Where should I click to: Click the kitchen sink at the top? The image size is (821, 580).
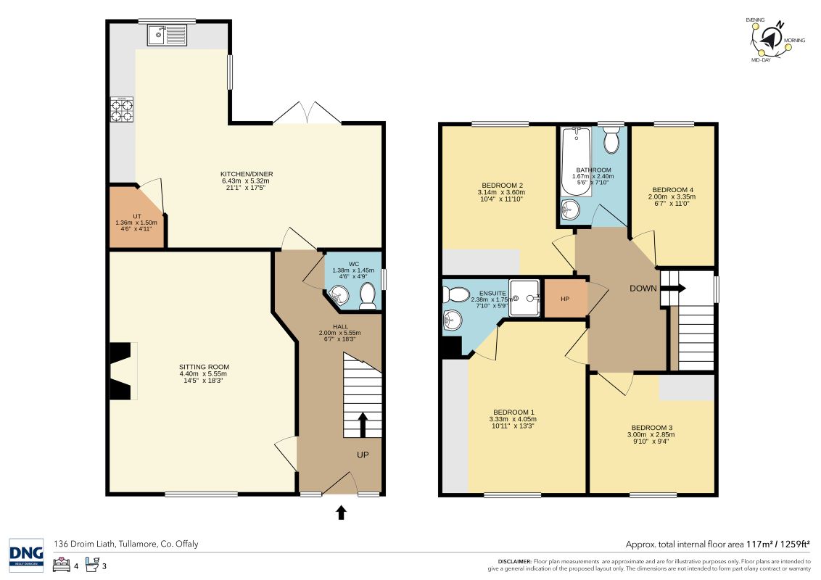[x=167, y=35]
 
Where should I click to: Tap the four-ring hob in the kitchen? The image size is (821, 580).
[x=121, y=109]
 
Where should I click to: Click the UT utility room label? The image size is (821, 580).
[x=136, y=216]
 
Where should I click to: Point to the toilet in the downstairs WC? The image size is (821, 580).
[x=368, y=296]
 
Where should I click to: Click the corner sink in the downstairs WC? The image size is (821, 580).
[x=338, y=294]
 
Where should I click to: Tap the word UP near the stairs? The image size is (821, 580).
[x=363, y=455]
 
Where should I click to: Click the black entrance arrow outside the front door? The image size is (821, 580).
[x=341, y=512]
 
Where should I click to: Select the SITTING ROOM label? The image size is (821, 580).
[x=205, y=367]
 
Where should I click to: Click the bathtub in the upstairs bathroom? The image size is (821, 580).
[x=576, y=161]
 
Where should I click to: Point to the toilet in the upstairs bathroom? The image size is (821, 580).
[x=611, y=139]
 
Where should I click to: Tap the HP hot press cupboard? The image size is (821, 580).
[x=566, y=299]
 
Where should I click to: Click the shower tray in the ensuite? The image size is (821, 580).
[x=524, y=298]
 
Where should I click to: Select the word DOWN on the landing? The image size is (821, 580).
[x=643, y=289]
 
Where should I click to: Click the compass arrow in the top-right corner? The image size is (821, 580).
[x=770, y=38]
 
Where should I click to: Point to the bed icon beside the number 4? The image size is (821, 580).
[x=62, y=564]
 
